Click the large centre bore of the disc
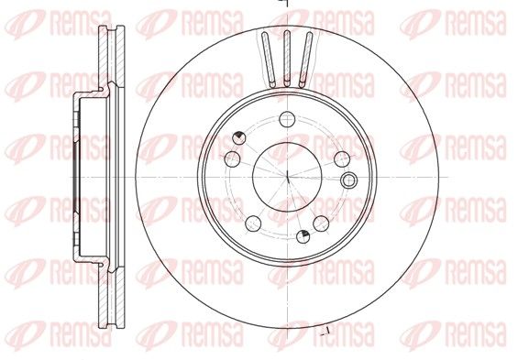pyautogui.click(x=287, y=177)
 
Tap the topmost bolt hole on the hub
pyautogui.click(x=287, y=119)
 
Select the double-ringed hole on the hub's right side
pyautogui.click(x=349, y=180)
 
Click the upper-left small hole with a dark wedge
pyautogui.click(x=238, y=137)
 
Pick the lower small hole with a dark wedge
pyautogui.click(x=303, y=236)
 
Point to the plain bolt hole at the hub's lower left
pyautogui.click(x=253, y=224)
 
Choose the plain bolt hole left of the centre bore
pyautogui.click(x=233, y=159)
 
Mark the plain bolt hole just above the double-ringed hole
pyautogui.click(x=342, y=159)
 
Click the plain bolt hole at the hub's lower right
pyautogui.click(x=321, y=224)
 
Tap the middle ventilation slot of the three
pyautogui.click(x=287, y=59)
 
